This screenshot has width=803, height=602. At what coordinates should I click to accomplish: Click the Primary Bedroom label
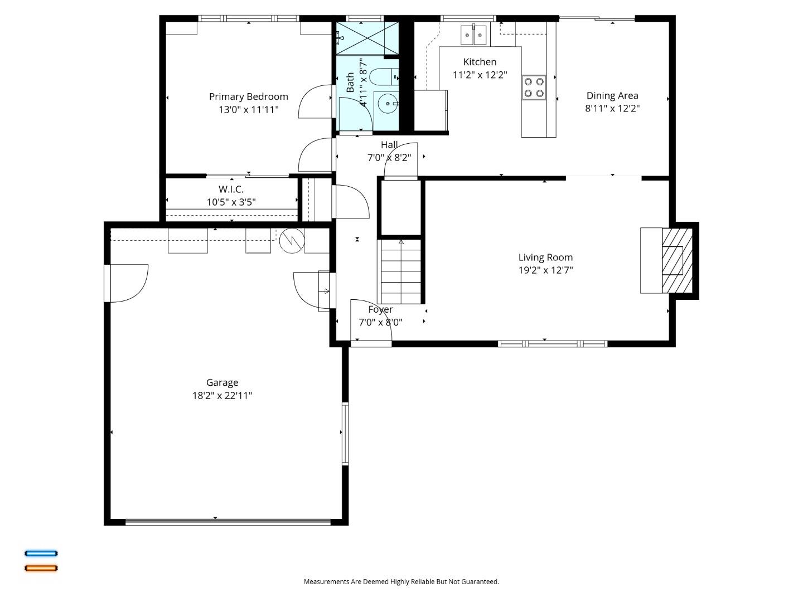(x=248, y=96)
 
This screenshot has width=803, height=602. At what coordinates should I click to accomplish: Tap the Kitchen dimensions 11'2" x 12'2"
(x=480, y=75)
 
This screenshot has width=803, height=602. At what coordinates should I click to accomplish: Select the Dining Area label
(x=612, y=95)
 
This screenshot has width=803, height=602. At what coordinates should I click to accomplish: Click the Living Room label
(x=545, y=257)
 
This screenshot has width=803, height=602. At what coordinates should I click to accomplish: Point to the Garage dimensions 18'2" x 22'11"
(x=222, y=396)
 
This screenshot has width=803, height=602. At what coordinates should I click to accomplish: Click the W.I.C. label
(x=231, y=189)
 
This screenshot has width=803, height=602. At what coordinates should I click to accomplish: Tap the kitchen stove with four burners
(x=534, y=87)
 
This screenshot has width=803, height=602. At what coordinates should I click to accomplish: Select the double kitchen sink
(x=473, y=35)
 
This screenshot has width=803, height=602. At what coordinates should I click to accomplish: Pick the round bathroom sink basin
(x=387, y=104)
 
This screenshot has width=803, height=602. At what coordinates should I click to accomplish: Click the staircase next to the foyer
(x=401, y=271)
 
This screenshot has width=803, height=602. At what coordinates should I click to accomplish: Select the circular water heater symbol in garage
(x=292, y=241)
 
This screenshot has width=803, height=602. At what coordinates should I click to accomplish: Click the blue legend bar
(x=41, y=554)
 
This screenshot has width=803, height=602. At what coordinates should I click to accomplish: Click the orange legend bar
(x=41, y=568)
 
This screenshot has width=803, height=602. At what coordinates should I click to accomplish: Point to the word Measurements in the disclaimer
(x=326, y=581)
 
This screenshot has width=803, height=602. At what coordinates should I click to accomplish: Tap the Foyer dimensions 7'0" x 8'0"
(x=380, y=322)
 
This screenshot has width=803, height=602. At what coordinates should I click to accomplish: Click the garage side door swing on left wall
(x=128, y=283)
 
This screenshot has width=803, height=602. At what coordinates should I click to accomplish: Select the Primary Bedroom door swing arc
(x=315, y=101)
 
